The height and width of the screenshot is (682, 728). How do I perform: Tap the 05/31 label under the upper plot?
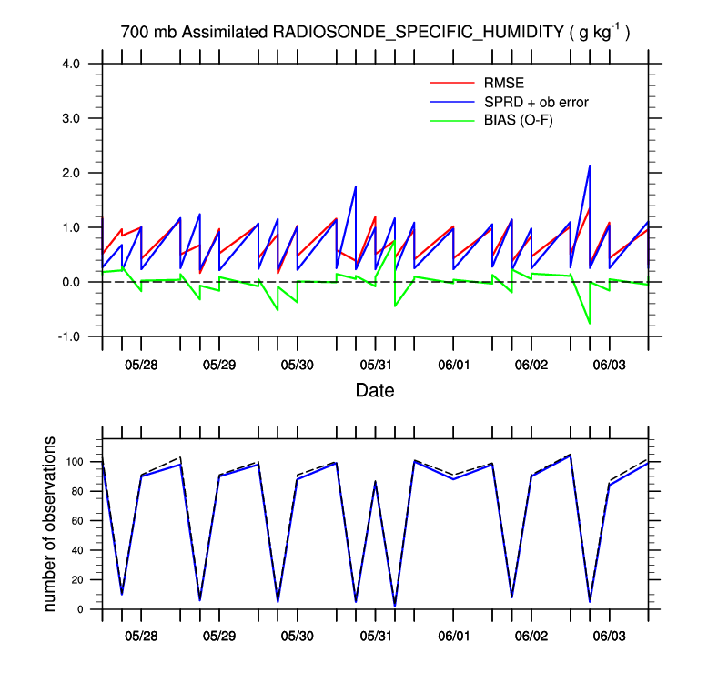tap(376, 365)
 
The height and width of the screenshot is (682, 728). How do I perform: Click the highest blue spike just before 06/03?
tap(590, 166)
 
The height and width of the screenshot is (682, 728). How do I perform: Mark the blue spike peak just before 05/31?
tap(355, 186)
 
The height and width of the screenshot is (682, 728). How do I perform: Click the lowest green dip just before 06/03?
tap(590, 323)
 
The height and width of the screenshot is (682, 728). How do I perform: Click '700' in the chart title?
tap(133, 32)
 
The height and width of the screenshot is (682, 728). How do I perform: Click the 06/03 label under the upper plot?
tap(610, 365)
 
